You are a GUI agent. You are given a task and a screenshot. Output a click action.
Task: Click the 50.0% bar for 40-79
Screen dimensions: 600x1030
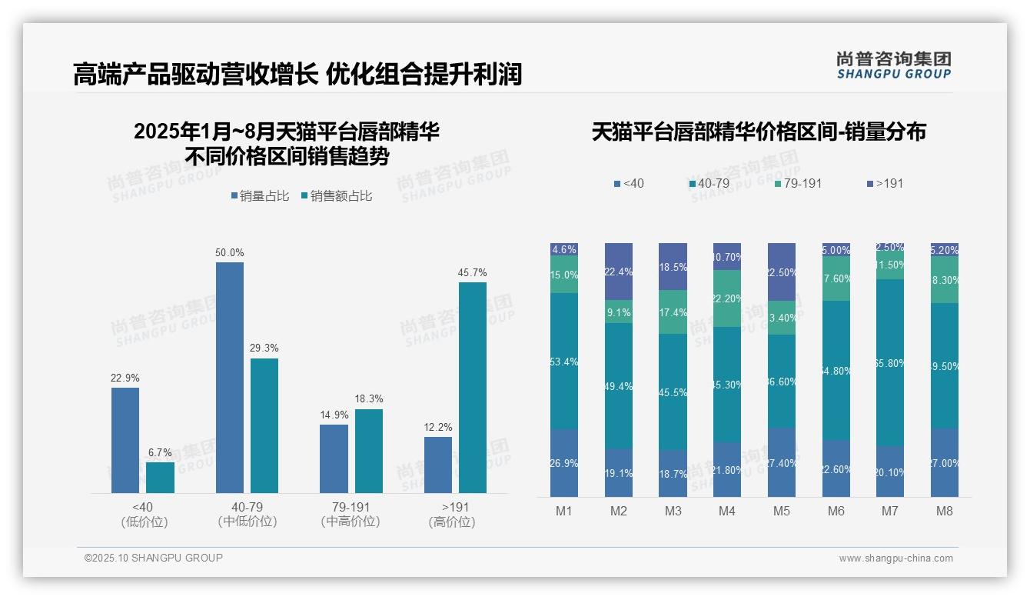229,377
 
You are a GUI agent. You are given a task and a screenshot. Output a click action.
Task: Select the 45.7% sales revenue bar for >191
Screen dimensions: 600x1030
473,387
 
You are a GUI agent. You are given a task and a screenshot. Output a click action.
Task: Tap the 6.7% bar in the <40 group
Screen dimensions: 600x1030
160,477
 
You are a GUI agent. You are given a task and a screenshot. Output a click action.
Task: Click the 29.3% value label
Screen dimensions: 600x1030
264,348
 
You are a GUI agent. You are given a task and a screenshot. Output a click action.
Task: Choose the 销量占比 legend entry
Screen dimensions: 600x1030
260,196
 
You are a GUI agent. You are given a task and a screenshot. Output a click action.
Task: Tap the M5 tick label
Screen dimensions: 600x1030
782,512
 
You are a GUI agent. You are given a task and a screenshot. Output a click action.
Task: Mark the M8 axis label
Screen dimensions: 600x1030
945,512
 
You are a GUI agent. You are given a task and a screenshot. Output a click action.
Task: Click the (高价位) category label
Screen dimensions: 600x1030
452,522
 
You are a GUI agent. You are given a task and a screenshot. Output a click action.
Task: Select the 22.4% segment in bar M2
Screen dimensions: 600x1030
619,272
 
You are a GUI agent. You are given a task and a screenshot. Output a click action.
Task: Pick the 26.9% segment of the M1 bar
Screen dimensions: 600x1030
564,462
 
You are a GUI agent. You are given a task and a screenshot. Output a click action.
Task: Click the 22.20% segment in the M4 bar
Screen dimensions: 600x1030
727,298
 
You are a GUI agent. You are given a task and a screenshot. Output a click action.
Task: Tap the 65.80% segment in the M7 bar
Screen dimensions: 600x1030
890,362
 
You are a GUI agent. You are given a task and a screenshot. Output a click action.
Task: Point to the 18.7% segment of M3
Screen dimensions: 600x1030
673,473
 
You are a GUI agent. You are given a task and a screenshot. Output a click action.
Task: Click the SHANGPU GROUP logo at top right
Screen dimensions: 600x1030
894,65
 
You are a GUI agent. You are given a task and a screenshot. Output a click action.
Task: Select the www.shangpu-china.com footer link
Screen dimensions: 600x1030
895,558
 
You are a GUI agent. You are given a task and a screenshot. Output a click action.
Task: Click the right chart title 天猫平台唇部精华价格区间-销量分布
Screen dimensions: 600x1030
759,132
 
